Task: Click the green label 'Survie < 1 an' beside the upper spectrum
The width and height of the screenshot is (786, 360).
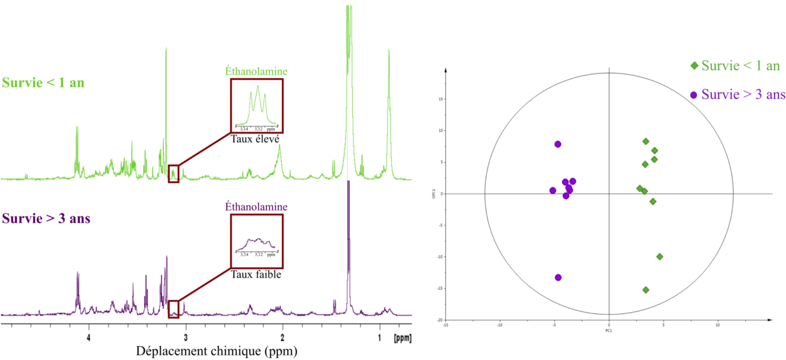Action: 43,83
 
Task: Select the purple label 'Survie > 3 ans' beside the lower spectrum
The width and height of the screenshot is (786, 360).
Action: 46,219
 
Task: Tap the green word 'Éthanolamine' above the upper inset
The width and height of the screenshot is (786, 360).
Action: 256,71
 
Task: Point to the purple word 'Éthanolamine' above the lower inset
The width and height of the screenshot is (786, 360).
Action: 256,207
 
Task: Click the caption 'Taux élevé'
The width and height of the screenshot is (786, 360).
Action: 256,138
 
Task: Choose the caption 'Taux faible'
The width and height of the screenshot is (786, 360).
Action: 256,274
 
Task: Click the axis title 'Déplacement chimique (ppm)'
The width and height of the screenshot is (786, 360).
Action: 216,351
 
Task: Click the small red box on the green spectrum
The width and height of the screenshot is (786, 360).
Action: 174,174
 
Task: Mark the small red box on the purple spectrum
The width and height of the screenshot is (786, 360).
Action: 174,309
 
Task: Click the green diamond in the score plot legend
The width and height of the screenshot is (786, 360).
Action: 694,66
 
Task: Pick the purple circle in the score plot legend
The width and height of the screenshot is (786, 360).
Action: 694,95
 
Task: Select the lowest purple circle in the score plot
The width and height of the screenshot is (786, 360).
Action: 558,278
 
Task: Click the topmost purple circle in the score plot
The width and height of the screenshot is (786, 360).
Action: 558,144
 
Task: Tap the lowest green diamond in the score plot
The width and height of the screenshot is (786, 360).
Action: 646,290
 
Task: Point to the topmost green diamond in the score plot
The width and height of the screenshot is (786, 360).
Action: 646,142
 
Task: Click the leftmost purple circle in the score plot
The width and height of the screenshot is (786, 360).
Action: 552,191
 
